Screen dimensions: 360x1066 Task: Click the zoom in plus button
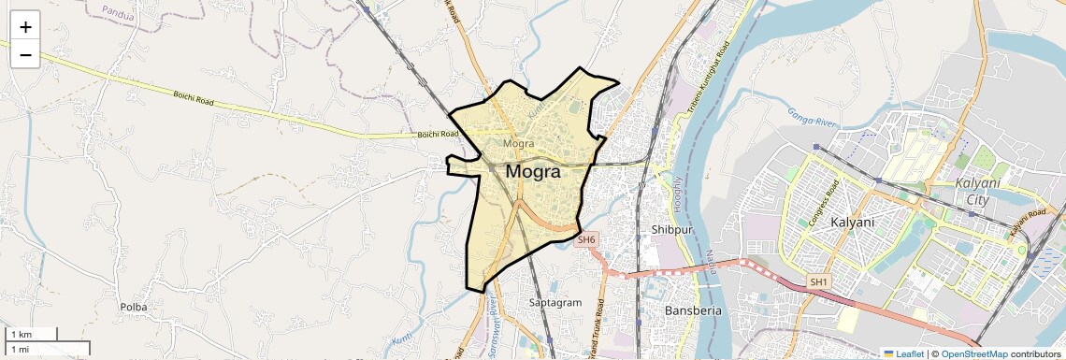click(x=25, y=27)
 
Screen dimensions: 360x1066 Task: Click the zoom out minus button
click(x=25, y=54)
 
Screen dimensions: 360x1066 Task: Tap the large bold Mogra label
click(x=533, y=172)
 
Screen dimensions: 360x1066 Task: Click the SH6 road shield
click(x=586, y=240)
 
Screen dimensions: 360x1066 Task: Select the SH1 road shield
click(x=818, y=281)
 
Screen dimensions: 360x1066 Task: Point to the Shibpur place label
click(x=670, y=229)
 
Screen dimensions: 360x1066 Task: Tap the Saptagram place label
click(x=555, y=303)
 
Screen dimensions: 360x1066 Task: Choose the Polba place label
click(x=134, y=307)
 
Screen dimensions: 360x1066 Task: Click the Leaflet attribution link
click(x=903, y=353)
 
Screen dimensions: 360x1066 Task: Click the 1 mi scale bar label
click(x=20, y=349)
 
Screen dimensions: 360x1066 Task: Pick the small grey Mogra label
click(x=518, y=144)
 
